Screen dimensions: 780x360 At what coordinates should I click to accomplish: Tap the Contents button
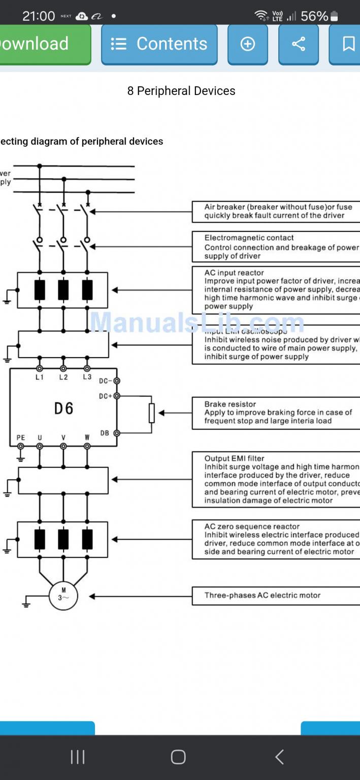[159, 44]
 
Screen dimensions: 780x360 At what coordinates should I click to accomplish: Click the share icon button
[299, 44]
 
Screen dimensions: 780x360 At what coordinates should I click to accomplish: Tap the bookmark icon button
[348, 44]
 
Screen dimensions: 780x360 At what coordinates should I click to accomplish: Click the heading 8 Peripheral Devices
[181, 91]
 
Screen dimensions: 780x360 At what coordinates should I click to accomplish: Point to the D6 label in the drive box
[64, 408]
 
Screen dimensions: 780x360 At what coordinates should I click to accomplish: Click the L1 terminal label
[40, 377]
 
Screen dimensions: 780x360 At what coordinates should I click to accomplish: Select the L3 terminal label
[87, 377]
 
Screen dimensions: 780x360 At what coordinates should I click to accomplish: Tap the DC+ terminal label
[106, 396]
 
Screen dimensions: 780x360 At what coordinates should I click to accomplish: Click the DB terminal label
[105, 433]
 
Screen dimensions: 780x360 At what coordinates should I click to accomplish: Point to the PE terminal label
[20, 438]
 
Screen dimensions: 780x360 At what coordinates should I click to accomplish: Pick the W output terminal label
[87, 438]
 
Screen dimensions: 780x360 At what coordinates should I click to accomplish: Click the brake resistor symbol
[151, 413]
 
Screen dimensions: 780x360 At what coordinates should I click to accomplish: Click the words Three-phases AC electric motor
[263, 595]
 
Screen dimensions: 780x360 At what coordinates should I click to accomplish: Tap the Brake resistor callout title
[230, 404]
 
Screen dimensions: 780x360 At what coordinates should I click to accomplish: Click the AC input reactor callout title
[234, 273]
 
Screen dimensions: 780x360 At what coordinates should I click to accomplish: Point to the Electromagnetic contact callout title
[249, 238]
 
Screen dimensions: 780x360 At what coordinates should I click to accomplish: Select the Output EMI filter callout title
[235, 459]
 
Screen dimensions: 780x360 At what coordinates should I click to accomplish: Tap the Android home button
[178, 757]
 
